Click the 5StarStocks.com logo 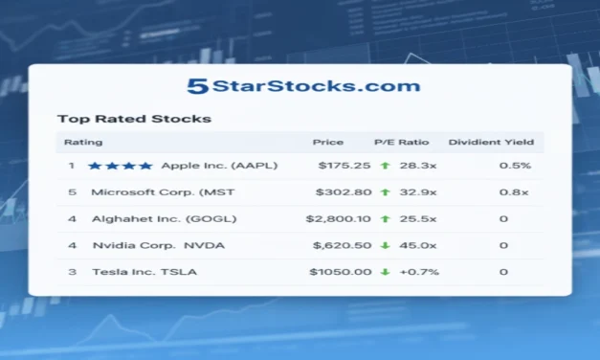302,86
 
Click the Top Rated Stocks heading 134,120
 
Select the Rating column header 77,143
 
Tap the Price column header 328,143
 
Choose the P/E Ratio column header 402,143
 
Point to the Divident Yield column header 492,143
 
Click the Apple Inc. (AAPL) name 219,166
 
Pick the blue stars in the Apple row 120,166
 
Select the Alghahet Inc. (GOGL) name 165,218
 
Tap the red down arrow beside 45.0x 385,245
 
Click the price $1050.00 340,272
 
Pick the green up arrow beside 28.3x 385,166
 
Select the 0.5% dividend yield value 515,166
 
